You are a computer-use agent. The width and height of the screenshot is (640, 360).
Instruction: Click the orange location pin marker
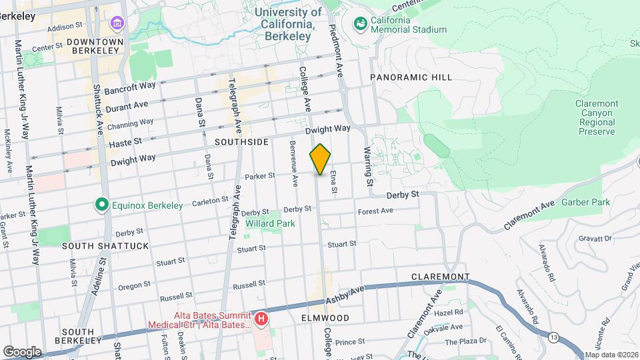321,159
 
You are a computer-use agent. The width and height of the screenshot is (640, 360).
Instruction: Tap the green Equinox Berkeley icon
101,204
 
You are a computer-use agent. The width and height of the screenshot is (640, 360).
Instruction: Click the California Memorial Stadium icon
361,23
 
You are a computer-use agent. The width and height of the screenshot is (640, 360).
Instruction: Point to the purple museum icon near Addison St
118,23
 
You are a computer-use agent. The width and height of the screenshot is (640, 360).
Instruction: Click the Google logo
21,351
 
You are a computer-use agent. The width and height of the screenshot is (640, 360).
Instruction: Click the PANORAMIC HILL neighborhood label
411,77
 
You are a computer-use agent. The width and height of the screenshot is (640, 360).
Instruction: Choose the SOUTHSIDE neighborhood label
241,142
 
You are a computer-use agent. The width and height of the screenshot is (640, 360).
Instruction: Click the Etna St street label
334,181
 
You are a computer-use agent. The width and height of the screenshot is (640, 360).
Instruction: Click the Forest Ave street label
375,211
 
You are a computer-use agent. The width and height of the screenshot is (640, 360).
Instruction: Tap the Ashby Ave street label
346,297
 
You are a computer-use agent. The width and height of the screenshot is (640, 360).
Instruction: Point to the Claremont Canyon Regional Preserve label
596,118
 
